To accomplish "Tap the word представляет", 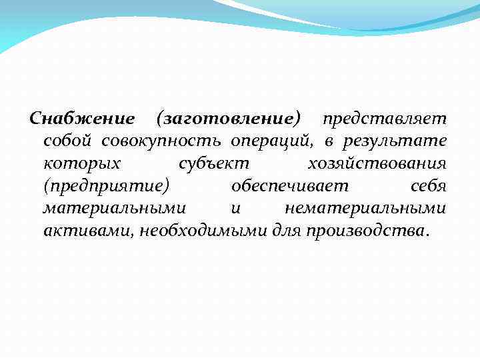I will click(385, 119).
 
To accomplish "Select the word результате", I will click(395, 141).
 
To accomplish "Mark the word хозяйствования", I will click(377, 163).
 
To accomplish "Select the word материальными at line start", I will click(114, 208).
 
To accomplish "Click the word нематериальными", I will click(365, 208).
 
